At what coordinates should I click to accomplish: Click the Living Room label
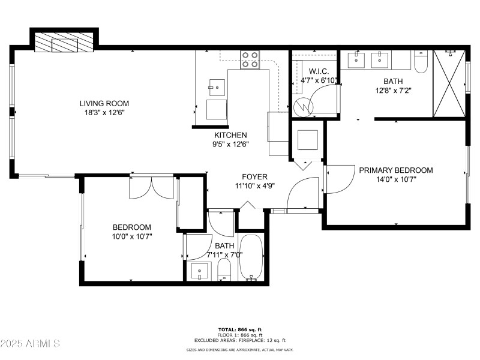pyautogui.click(x=104, y=103)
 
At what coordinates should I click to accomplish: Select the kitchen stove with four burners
pyautogui.click(x=250, y=59)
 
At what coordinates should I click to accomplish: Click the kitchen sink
pyautogui.click(x=216, y=88)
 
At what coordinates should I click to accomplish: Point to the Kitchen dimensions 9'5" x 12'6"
pyautogui.click(x=231, y=144)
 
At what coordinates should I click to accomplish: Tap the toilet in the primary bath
pyautogui.click(x=421, y=62)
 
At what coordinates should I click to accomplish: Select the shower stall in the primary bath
pyautogui.click(x=449, y=83)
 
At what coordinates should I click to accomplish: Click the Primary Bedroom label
pyautogui.click(x=395, y=170)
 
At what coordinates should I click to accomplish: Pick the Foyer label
pyautogui.click(x=254, y=176)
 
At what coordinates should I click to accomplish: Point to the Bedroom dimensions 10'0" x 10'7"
pyautogui.click(x=132, y=236)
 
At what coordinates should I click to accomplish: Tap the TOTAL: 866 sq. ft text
pyautogui.click(x=239, y=329)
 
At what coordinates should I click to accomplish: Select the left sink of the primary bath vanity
pyautogui.click(x=357, y=59)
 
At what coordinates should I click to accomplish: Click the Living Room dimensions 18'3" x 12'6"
pyautogui.click(x=104, y=112)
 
